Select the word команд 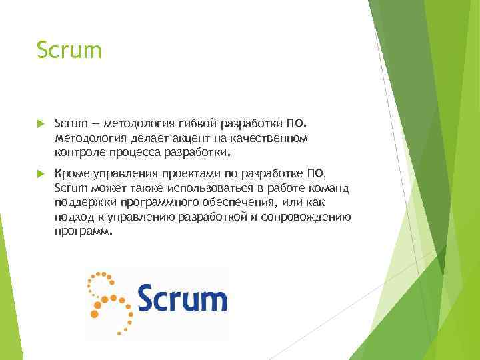click(x=326, y=188)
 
